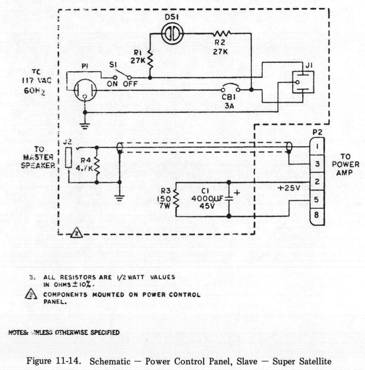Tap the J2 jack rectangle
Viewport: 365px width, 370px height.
click(x=68, y=157)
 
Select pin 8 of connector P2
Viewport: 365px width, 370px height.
click(x=317, y=215)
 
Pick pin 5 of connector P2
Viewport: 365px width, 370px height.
click(x=317, y=200)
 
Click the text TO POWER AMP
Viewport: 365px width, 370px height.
click(x=346, y=164)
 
